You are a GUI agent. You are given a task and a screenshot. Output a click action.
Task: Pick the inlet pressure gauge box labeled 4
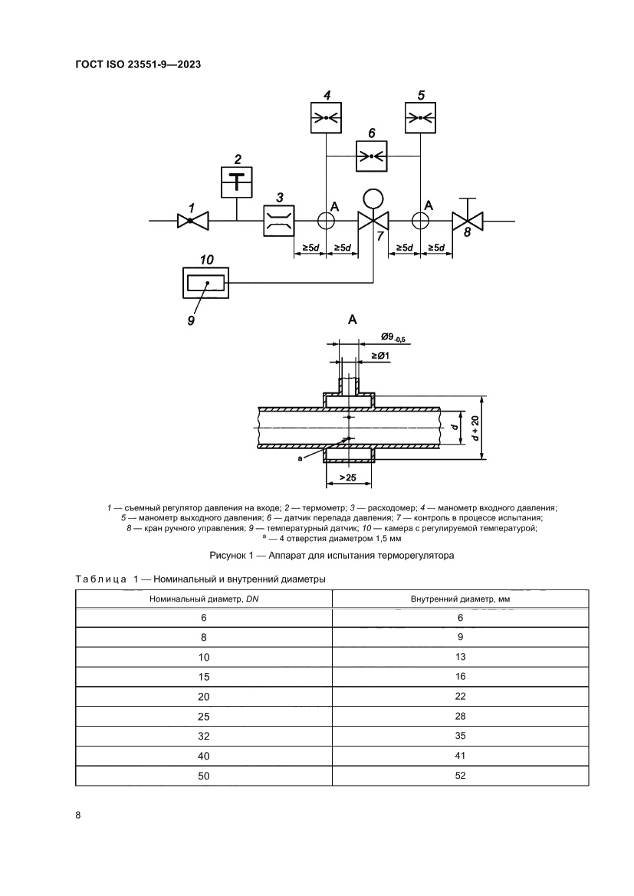(x=327, y=117)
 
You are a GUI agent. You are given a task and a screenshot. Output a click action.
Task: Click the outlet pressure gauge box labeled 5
(x=420, y=117)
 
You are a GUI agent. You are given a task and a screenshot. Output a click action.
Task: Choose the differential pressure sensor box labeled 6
(x=372, y=156)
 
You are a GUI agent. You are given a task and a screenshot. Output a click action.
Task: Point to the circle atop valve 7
(x=373, y=199)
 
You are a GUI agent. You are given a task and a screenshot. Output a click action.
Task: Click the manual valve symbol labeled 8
(x=468, y=221)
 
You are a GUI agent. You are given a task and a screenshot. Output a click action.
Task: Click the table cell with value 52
(x=460, y=775)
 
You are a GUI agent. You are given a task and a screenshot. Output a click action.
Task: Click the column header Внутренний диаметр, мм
(x=460, y=599)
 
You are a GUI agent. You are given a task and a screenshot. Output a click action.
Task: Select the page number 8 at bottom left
(x=78, y=815)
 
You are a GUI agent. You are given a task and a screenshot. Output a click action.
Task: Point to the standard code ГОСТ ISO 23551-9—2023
(x=138, y=65)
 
